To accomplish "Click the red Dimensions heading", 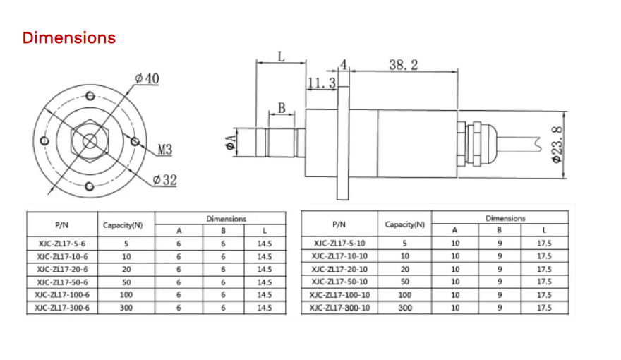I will tap(68, 37).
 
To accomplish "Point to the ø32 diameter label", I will tap(164, 180).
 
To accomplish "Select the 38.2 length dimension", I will tap(404, 65).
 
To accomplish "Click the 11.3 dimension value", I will tap(321, 83).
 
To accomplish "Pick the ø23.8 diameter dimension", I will tap(557, 145).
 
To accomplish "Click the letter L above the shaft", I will tap(281, 56).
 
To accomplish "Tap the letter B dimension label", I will tap(282, 108).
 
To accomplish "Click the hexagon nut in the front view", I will tap(90, 140).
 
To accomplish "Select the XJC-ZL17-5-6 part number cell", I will tap(59, 244).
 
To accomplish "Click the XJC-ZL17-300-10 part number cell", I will tap(339, 308).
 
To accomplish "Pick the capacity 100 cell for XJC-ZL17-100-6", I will tap(126, 294).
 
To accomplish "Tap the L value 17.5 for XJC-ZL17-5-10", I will tap(544, 244).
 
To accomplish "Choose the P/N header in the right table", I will tap(339, 224).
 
